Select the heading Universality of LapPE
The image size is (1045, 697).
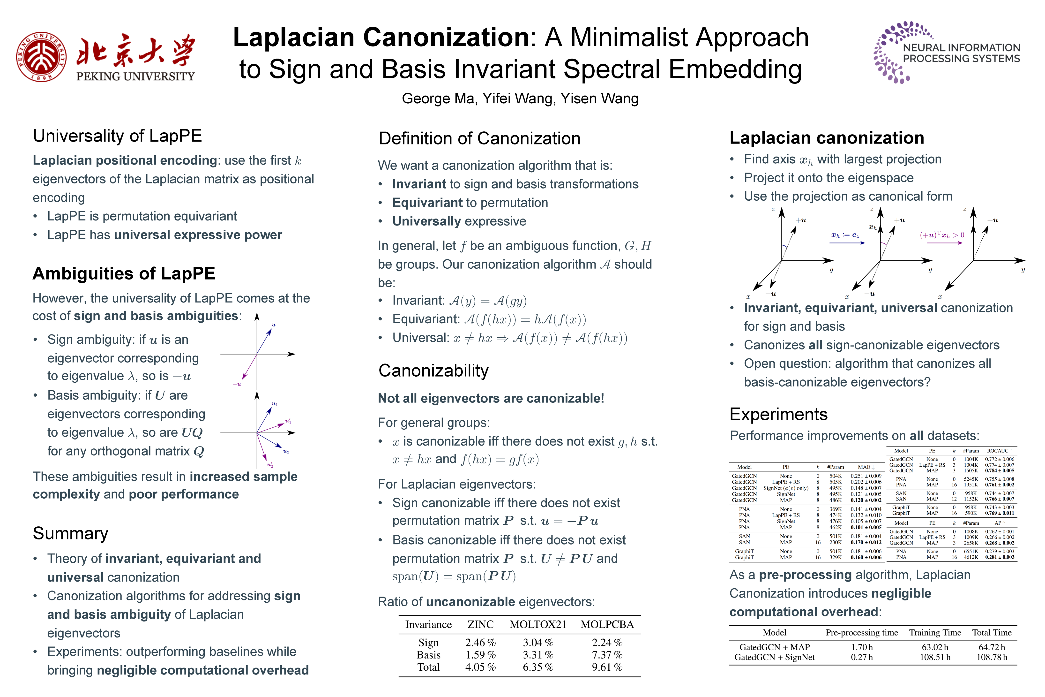pyautogui.click(x=117, y=136)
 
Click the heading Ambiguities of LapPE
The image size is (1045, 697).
pyautogui.click(x=124, y=273)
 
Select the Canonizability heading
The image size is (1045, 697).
pyautogui.click(x=433, y=370)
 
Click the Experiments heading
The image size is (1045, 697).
pyautogui.click(x=778, y=414)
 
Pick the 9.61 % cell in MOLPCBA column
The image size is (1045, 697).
pyautogui.click(x=607, y=667)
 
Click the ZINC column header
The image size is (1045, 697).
pyautogui.click(x=480, y=625)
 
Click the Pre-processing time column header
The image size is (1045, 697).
pyautogui.click(x=861, y=633)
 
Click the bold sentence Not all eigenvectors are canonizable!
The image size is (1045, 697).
pyautogui.click(x=491, y=398)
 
